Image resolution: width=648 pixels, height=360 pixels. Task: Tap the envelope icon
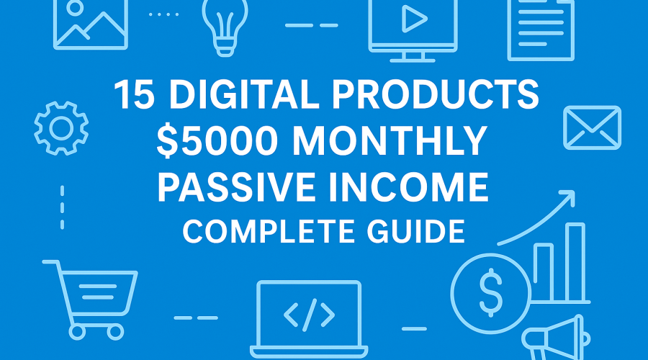click(592, 127)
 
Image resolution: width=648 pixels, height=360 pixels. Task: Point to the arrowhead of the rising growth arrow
click(569, 195)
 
